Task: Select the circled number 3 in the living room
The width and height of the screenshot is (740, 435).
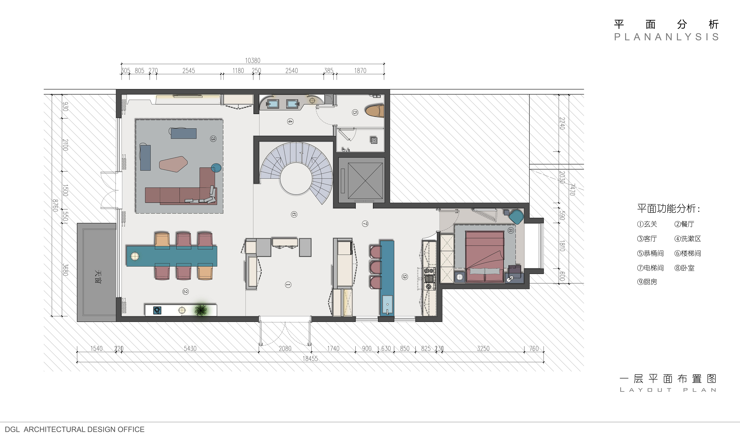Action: [213, 139]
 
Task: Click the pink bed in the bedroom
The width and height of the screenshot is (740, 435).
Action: [485, 255]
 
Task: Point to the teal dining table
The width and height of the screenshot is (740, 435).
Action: [172, 256]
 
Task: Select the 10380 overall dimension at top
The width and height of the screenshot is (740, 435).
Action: [253, 60]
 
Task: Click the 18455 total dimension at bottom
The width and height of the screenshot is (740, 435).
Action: [310, 358]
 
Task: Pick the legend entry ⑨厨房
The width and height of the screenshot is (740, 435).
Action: [647, 282]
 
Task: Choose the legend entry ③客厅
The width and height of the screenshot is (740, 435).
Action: [647, 239]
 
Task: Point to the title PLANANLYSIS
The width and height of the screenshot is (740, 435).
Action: [667, 37]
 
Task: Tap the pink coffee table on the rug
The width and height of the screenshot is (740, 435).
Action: [173, 164]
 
